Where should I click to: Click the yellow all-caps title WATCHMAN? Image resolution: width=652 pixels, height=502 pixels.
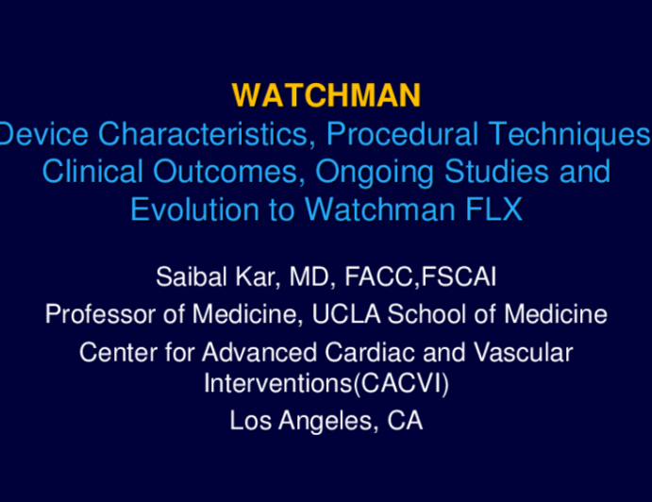(x=326, y=95)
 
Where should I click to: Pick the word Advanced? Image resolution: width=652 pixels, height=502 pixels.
(x=240, y=352)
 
